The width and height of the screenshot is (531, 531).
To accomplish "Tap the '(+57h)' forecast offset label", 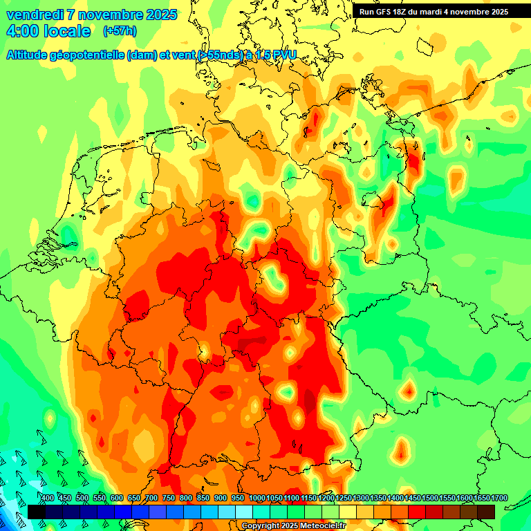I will (x=119, y=31).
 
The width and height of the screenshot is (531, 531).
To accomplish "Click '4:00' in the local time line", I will (x=24, y=31).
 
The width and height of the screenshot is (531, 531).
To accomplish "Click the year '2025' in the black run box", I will (x=496, y=12).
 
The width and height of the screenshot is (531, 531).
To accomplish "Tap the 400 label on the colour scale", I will (x=48, y=499).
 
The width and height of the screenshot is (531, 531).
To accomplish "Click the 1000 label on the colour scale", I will (x=257, y=499).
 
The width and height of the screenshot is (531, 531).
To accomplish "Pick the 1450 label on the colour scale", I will (x=413, y=499).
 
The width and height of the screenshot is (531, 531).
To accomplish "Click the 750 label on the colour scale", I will (x=169, y=499).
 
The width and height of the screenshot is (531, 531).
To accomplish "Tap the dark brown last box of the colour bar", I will (x=486, y=512).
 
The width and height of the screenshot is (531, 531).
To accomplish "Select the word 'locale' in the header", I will (x=65, y=31).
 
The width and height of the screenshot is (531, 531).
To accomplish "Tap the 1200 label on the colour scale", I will (x=326, y=499).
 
